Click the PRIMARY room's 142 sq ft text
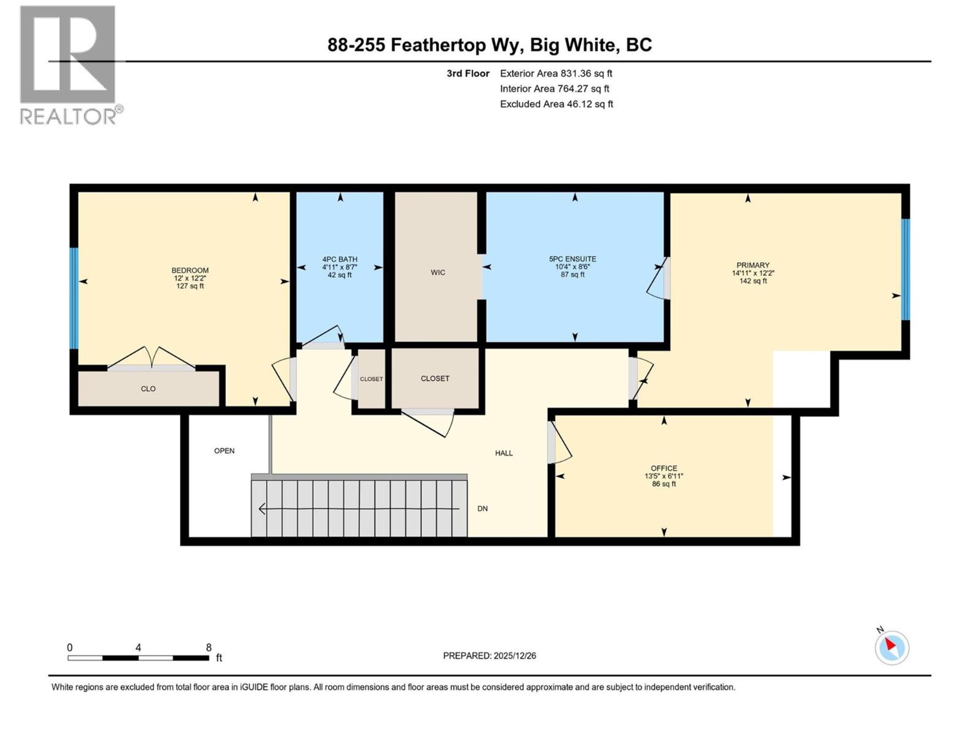pyautogui.click(x=753, y=281)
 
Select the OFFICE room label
pyautogui.click(x=664, y=468)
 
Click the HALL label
pyautogui.click(x=504, y=453)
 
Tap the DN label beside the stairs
pyautogui.click(x=482, y=509)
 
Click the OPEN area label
pyautogui.click(x=224, y=450)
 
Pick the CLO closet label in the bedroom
pyautogui.click(x=148, y=388)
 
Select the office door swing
pyautogui.click(x=561, y=443)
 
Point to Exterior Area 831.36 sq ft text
pyautogui.click(x=556, y=73)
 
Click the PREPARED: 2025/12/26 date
pyautogui.click(x=489, y=656)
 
